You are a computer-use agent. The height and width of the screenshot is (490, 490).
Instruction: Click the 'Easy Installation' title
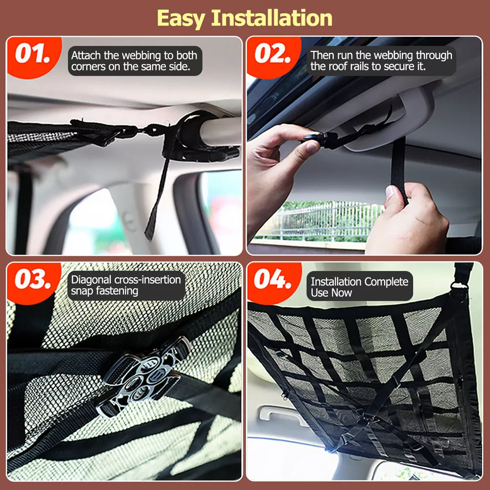coord(245,18)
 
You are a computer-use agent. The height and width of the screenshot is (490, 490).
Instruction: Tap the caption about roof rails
coord(381,61)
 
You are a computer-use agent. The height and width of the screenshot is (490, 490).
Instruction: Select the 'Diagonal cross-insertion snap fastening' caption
coord(126,285)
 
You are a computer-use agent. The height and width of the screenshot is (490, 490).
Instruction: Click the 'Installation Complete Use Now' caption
coord(360,287)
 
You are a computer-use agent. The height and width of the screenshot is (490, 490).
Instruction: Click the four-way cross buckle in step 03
coord(142,376)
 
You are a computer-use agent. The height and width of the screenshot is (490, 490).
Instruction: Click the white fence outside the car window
coord(319,220)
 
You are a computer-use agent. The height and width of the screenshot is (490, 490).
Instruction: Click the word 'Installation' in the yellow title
coord(272,18)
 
